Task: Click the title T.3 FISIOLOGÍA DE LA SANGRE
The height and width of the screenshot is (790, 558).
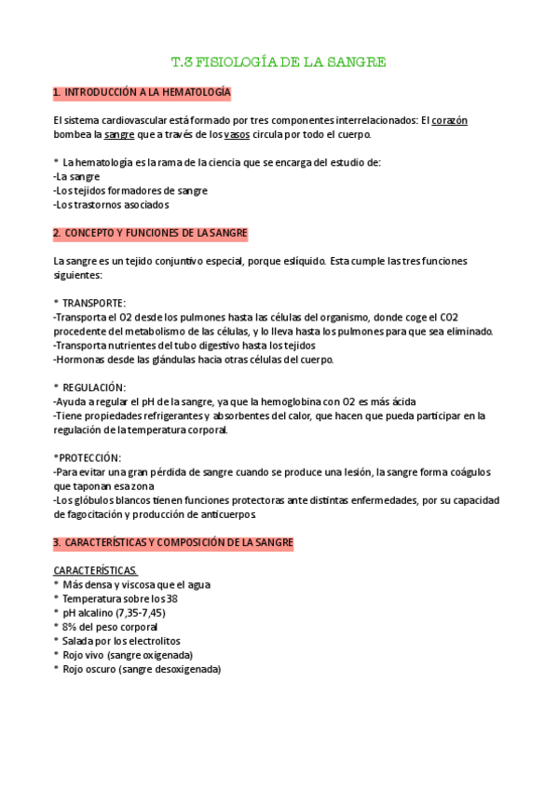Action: pyautogui.click(x=279, y=62)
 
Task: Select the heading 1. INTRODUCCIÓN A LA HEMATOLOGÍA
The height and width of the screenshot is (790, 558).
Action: pyautogui.click(x=143, y=93)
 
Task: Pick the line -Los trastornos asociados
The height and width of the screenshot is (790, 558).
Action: pyautogui.click(x=112, y=204)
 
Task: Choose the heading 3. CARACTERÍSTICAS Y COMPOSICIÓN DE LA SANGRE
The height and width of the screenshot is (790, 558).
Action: pyautogui.click(x=173, y=542)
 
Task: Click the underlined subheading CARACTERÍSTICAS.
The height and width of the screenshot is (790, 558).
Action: pyautogui.click(x=96, y=570)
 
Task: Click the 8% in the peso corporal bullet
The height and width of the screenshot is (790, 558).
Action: pyautogui.click(x=71, y=627)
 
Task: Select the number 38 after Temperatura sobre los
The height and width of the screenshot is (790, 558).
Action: pyautogui.click(x=171, y=599)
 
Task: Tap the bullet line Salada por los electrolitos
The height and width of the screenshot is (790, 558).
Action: pyautogui.click(x=121, y=641)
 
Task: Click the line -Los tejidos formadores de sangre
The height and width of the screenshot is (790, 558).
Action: pyautogui.click(x=130, y=190)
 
